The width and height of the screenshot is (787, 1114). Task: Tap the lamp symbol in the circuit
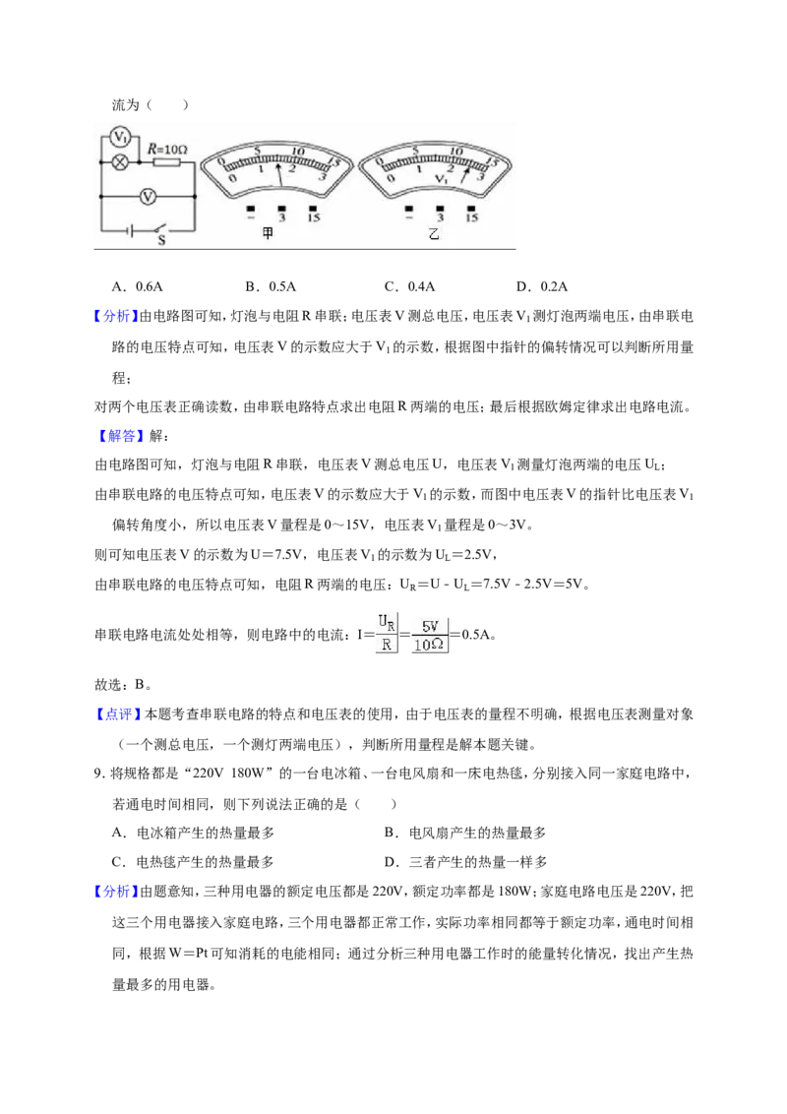(121, 162)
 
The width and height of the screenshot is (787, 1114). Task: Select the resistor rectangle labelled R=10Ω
(167, 162)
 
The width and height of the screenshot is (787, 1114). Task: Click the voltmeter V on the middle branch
(148, 196)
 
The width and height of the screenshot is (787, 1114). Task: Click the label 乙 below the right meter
(434, 233)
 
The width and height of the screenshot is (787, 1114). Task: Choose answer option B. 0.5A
(271, 286)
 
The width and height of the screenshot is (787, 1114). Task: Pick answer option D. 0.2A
(542, 286)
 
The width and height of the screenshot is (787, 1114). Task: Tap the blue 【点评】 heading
(119, 714)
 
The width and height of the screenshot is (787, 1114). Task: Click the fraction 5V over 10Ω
(429, 635)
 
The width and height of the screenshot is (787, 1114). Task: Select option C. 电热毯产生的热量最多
(193, 862)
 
